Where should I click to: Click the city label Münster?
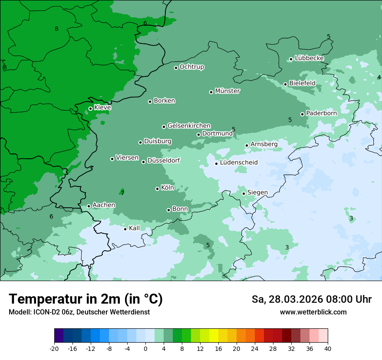tap(227, 91)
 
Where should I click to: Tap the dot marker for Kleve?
tap(90, 108)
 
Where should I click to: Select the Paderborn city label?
tap(321, 113)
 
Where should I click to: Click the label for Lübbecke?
tap(309, 58)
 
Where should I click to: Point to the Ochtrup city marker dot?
tap(176, 68)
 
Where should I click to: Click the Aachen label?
tap(104, 205)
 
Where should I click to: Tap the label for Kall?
tap(135, 228)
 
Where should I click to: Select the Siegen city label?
tap(257, 193)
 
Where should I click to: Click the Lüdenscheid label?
tap(239, 163)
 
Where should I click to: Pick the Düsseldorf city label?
tap(164, 160)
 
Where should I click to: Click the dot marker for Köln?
tap(157, 189)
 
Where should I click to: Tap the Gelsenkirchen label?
tap(189, 126)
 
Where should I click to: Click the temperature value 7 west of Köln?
tap(122, 193)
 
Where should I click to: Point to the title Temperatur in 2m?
tap(86, 299)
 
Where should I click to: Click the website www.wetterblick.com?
tap(313, 312)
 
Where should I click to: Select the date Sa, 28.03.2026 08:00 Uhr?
tap(311, 299)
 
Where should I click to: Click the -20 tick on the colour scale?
tap(54, 348)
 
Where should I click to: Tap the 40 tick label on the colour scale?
tap(328, 348)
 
